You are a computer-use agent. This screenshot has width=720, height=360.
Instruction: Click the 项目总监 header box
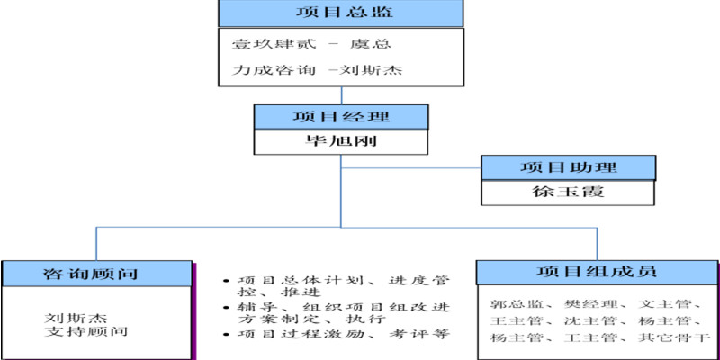341,13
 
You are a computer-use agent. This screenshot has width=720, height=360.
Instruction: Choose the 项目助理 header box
568,167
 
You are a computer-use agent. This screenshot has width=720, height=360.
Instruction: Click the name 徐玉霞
568,192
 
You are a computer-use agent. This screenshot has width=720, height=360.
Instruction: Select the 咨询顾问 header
97,274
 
